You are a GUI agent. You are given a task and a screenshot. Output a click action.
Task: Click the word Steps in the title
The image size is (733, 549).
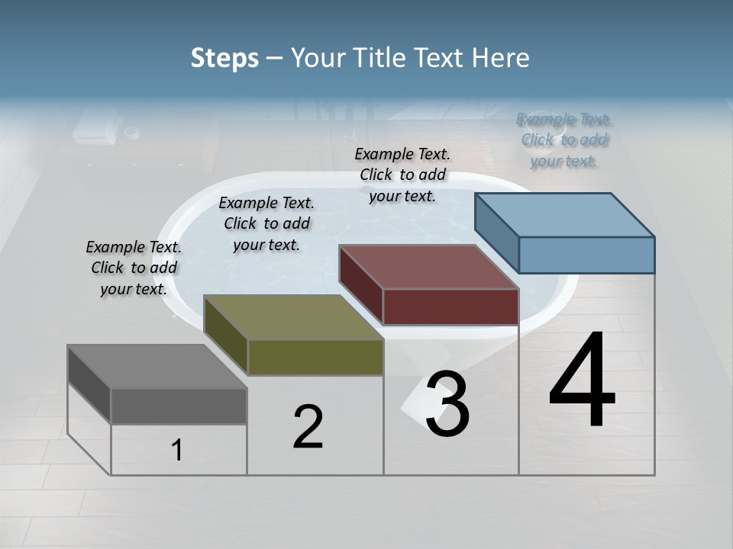pyautogui.click(x=224, y=58)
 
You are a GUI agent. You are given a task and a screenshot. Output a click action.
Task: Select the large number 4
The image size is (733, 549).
pyautogui.click(x=582, y=381)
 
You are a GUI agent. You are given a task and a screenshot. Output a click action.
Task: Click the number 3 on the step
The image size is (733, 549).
pyautogui.click(x=447, y=404)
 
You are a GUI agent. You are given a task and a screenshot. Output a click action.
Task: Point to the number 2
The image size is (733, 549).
pyautogui.click(x=308, y=427)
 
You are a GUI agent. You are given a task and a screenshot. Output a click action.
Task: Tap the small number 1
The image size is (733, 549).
pyautogui.click(x=177, y=451)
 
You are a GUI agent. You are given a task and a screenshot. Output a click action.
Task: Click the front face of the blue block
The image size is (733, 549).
pyautogui.click(x=586, y=255)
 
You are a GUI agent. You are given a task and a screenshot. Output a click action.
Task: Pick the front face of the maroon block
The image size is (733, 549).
pyautogui.click(x=450, y=307)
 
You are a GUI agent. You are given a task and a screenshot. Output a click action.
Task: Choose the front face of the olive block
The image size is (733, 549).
pyautogui.click(x=315, y=357)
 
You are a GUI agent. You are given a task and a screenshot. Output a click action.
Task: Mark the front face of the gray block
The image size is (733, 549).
pyautogui.click(x=179, y=406)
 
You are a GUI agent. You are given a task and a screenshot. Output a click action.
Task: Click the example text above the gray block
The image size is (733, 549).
pyautogui.click(x=134, y=268)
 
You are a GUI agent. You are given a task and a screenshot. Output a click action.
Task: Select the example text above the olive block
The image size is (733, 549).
pyautogui.click(x=266, y=224)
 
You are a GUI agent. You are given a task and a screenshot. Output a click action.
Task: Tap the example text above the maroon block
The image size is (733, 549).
pyautogui.click(x=402, y=175)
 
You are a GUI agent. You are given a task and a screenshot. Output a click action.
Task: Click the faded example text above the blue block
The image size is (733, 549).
pyautogui.click(x=564, y=140)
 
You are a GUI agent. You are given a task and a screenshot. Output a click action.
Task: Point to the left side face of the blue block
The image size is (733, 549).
pyautogui.click(x=496, y=233)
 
